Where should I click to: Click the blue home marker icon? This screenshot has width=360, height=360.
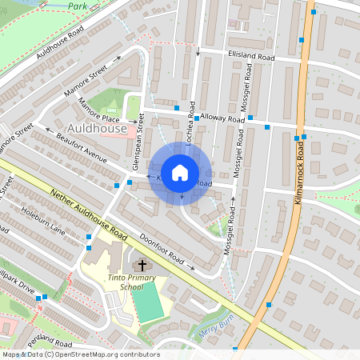(x=180, y=172)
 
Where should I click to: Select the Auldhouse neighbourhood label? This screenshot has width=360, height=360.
(x=98, y=129)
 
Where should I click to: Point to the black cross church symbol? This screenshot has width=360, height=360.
(x=142, y=265)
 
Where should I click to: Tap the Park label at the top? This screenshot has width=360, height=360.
(x=78, y=6)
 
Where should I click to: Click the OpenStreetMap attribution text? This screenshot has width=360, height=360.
(x=80, y=354)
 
